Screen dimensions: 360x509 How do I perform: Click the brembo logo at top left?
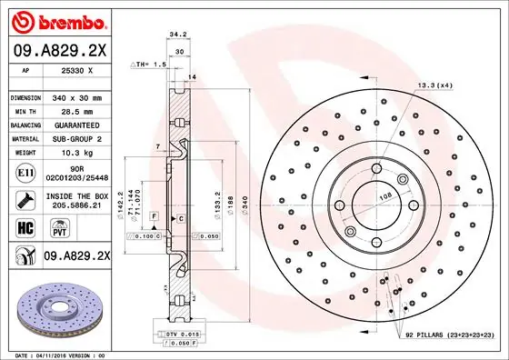tap(57, 20)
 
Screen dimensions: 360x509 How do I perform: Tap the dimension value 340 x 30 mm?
tap(77, 96)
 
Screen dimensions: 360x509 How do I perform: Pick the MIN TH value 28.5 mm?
tap(77, 109)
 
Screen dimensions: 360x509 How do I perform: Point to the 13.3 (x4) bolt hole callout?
tap(434, 85)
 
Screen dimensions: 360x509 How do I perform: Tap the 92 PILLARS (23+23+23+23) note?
tap(449, 335)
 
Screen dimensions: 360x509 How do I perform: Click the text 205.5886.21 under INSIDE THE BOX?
tap(75, 206)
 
